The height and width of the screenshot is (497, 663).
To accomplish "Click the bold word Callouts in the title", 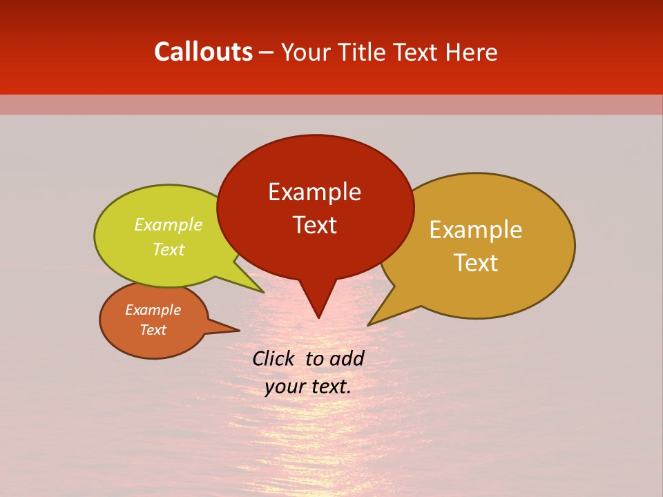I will pyautogui.click(x=203, y=52).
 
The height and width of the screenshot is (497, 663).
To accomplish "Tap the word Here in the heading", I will pyautogui.click(x=472, y=52).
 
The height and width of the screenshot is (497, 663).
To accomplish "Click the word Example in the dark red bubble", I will pyautogui.click(x=314, y=192).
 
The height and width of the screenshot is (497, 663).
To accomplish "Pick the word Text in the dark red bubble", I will pyautogui.click(x=314, y=225).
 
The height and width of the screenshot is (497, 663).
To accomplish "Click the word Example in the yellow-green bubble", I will pyautogui.click(x=169, y=225).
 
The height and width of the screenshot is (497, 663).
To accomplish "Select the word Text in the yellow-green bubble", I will pyautogui.click(x=169, y=250).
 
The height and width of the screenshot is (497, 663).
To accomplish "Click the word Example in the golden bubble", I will pyautogui.click(x=476, y=230).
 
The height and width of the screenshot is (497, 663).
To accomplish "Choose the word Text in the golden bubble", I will pyautogui.click(x=476, y=263).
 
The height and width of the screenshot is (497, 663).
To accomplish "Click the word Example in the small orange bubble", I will pyautogui.click(x=153, y=310).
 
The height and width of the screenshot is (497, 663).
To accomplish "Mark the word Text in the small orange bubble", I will pyautogui.click(x=153, y=330).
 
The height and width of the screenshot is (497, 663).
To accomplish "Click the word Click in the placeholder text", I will pyautogui.click(x=274, y=358).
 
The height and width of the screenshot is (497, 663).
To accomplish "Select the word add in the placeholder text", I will pyautogui.click(x=347, y=358).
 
